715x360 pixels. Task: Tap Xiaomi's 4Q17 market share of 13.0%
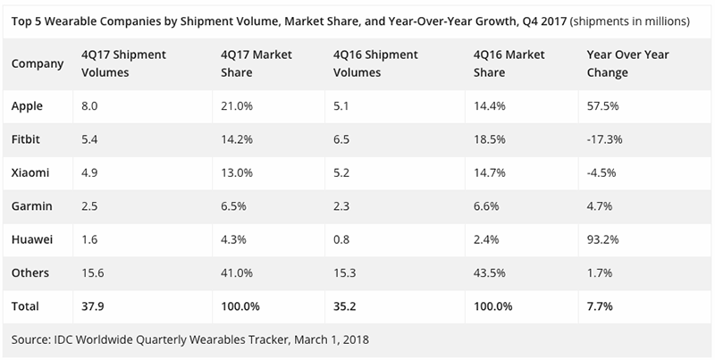click(236, 172)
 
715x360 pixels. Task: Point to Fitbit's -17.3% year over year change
click(605, 138)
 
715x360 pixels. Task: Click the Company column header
click(38, 63)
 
